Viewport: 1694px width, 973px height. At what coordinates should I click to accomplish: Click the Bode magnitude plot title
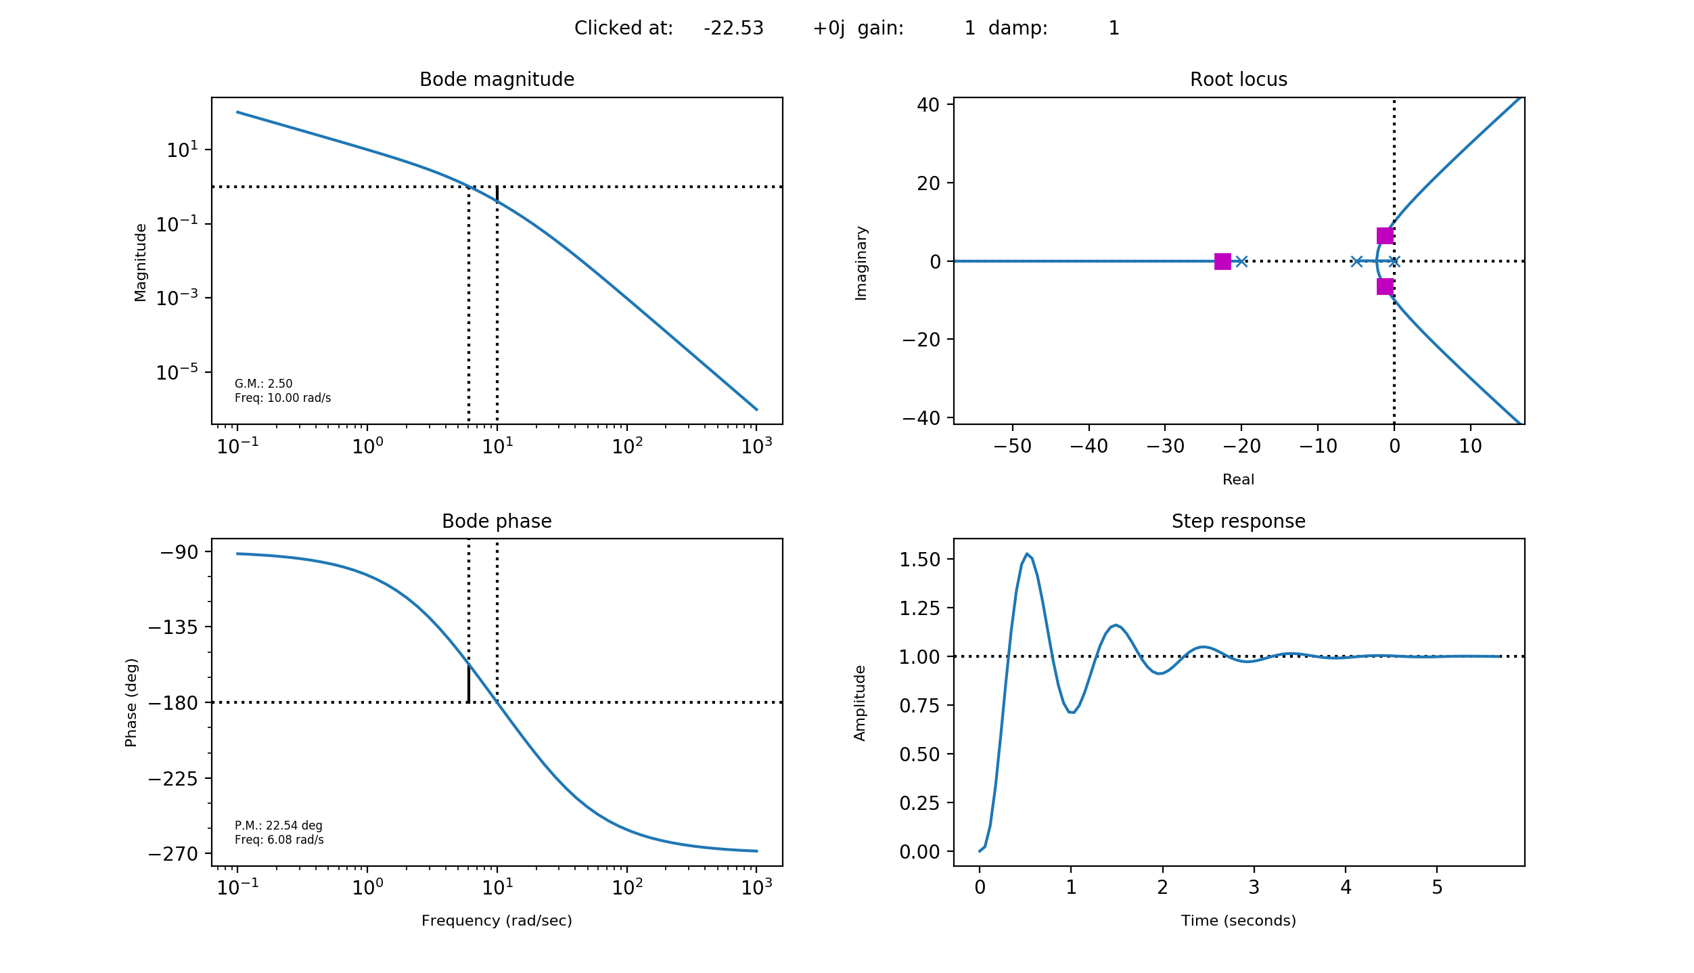click(x=497, y=80)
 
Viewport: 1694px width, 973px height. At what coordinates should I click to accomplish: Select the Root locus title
click(x=1238, y=80)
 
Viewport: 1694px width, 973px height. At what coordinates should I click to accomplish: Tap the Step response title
click(x=1238, y=522)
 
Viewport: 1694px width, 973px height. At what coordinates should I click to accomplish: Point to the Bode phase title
click(x=497, y=522)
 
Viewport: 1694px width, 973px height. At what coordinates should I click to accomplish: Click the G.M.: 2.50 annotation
click(x=263, y=384)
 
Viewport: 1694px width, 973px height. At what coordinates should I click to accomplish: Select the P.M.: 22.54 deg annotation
click(x=278, y=825)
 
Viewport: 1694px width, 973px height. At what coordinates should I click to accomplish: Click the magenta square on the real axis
click(x=1222, y=262)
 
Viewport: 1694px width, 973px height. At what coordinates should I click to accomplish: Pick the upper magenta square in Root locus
click(x=1385, y=235)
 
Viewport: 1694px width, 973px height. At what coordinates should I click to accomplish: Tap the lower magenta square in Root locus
click(x=1385, y=287)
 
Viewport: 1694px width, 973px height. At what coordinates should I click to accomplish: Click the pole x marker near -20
click(x=1241, y=262)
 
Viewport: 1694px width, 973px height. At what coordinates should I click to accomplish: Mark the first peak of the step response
click(x=1027, y=554)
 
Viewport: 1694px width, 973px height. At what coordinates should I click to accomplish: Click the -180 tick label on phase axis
click(x=173, y=704)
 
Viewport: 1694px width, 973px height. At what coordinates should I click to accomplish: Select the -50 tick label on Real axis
click(x=1012, y=447)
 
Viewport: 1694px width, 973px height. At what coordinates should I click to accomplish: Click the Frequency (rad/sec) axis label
click(x=497, y=921)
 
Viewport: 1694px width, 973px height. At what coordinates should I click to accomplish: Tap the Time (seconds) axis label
click(x=1238, y=921)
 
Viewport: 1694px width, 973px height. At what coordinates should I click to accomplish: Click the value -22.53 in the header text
click(x=733, y=28)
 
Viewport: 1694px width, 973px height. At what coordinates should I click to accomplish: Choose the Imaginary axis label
click(x=861, y=263)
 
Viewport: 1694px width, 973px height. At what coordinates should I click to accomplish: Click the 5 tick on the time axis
click(x=1437, y=888)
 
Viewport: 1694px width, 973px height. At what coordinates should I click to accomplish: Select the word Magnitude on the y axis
click(x=140, y=263)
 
